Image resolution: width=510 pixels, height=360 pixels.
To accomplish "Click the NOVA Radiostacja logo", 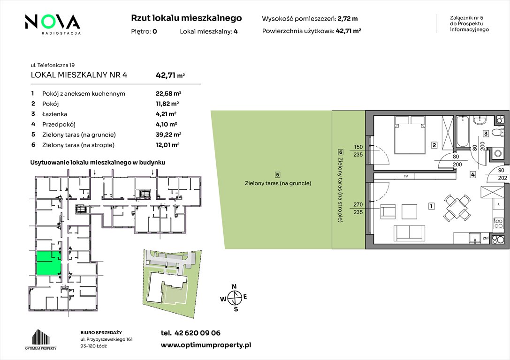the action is point(53,24).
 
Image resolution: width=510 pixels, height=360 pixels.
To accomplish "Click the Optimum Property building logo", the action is point(41,339).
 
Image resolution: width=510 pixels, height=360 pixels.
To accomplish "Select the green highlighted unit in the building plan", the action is point(48,263).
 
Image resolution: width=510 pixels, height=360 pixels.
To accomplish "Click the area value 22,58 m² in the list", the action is point(168,94).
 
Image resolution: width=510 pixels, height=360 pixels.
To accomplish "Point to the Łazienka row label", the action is point(54,114).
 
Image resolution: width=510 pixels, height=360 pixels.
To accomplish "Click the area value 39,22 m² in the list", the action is point(168,135).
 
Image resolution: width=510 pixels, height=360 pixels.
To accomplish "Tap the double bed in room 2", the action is point(410,135).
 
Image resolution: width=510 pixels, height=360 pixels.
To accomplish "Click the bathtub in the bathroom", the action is point(462,132).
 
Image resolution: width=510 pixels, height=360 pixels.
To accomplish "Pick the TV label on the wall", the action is point(406,176).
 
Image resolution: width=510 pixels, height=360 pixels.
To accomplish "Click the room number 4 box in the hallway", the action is point(472,175).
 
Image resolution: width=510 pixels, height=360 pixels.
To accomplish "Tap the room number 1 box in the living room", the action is point(431,206).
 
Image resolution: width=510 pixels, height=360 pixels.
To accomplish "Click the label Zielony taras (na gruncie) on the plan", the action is point(278,183).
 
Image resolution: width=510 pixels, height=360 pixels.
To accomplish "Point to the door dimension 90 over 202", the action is point(502,174).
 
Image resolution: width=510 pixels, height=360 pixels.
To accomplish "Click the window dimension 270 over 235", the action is point(358,208).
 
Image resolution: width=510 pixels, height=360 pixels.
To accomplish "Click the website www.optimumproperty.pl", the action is point(206,345).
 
